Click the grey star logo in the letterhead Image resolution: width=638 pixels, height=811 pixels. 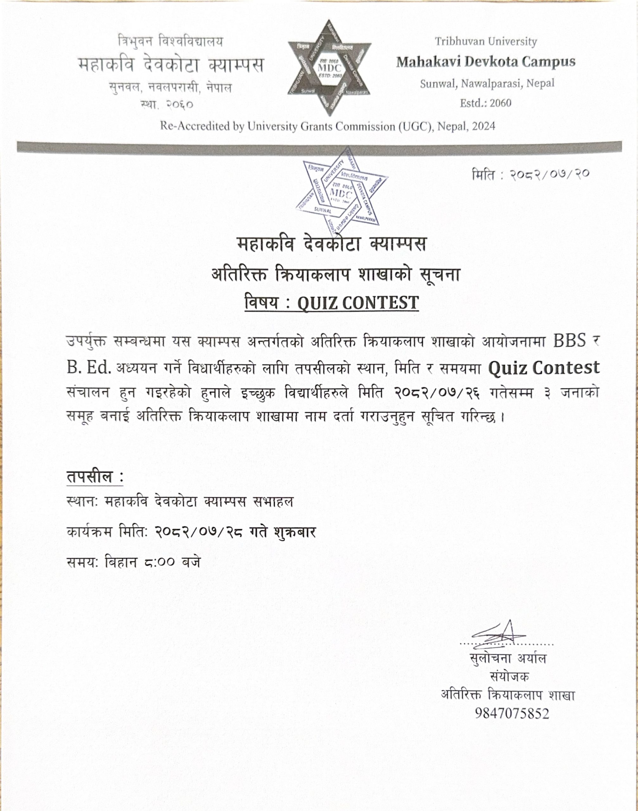click(x=329, y=67)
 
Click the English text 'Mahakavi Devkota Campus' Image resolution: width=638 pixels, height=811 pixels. click(x=486, y=62)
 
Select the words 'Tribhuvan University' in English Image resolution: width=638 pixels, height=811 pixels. click(x=486, y=42)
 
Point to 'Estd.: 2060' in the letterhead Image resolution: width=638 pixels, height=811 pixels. click(x=485, y=103)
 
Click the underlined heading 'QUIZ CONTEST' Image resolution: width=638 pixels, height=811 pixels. click(x=358, y=303)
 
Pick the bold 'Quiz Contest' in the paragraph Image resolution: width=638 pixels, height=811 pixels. click(x=544, y=368)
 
